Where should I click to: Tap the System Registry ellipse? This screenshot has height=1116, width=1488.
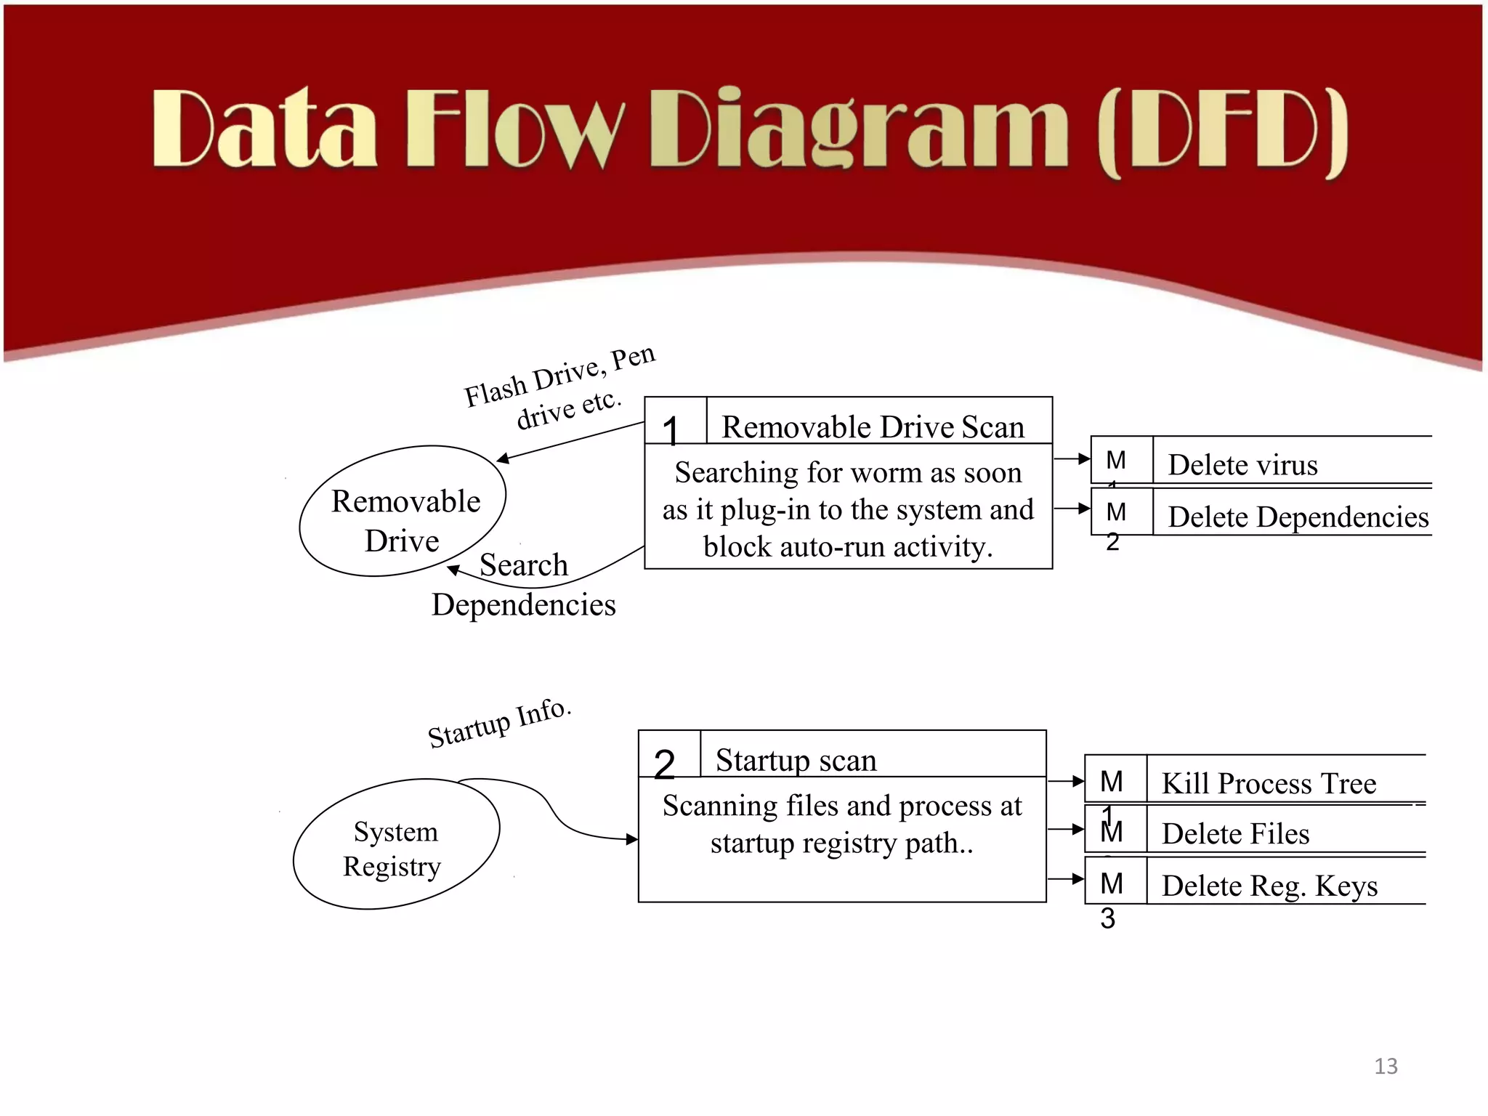396,844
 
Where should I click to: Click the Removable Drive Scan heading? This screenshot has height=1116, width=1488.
873,426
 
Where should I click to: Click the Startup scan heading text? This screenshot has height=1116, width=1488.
796,760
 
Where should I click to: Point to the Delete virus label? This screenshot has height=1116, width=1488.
1242,464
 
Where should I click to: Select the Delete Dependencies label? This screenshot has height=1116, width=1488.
1298,517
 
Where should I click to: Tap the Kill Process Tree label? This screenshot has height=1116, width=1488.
1269,783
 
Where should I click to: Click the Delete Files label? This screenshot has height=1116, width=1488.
1235,833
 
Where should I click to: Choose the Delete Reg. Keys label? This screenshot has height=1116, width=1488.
1269,886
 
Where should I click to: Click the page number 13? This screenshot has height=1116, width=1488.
1386,1066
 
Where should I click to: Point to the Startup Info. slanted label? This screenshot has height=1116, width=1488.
500,723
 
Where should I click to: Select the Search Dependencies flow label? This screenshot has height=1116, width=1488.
524,585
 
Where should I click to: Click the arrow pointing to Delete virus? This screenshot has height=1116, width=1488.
1072,458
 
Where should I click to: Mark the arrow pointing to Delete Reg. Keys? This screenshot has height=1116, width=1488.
1066,879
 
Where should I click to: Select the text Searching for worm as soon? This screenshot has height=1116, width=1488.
848,473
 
